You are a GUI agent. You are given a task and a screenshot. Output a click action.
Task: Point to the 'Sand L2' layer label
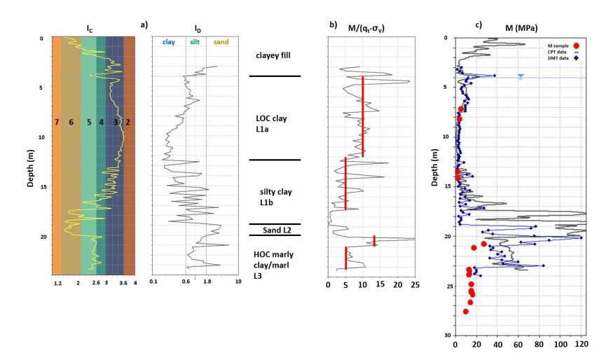click(x=273, y=229)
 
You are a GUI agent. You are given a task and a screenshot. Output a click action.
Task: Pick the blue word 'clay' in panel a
click(x=169, y=42)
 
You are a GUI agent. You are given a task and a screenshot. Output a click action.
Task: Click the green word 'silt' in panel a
click(x=195, y=42)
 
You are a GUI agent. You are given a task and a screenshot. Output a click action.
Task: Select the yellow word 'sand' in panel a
click(x=220, y=42)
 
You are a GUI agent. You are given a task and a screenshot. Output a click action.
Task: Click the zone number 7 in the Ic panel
click(x=56, y=123)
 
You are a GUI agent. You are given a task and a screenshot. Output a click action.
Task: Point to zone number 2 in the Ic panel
click(x=128, y=123)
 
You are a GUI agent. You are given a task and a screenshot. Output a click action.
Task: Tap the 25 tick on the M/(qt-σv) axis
click(x=414, y=284)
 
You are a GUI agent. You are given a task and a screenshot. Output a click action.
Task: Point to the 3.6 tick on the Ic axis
click(x=124, y=284)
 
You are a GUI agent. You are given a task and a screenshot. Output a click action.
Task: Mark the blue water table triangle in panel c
click(x=520, y=76)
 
